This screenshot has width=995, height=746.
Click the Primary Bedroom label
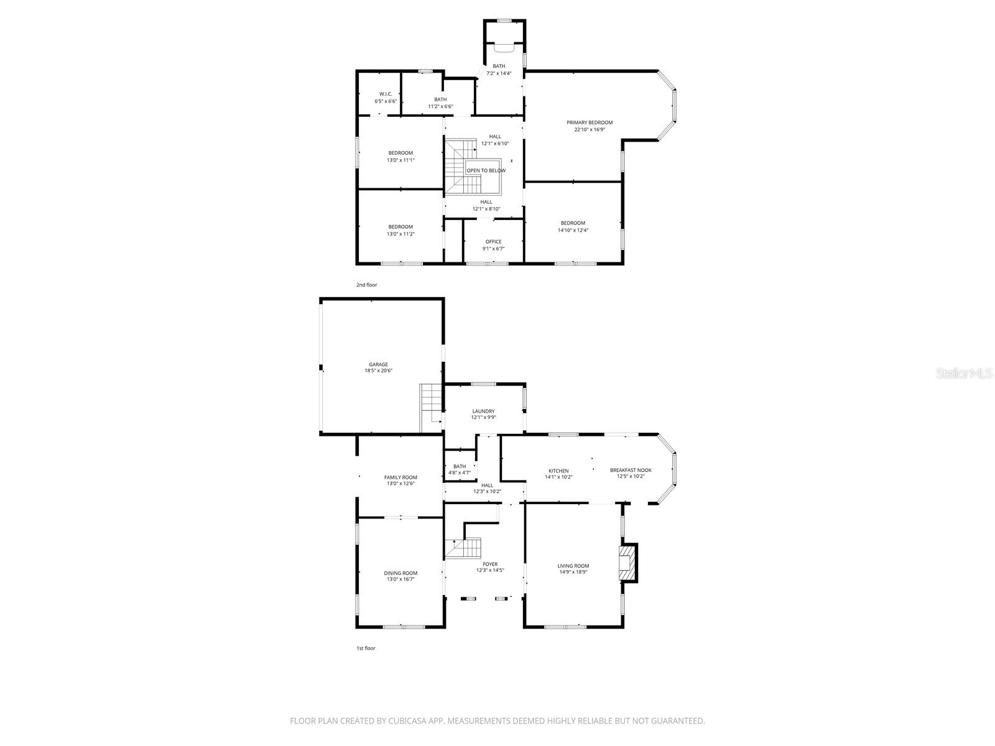coord(589,122)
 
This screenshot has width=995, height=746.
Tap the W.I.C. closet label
coord(386,94)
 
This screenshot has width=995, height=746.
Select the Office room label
coord(493,242)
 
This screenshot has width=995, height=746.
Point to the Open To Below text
coord(486,170)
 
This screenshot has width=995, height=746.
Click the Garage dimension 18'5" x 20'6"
coord(378,371)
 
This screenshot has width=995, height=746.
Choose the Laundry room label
coord(483,411)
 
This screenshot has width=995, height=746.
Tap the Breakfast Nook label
coord(631,470)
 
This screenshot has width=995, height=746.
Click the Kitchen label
coord(558,471)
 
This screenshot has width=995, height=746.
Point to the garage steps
coord(430,407)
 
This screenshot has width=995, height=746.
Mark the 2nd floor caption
coord(366,285)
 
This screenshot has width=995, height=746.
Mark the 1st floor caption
coord(366,648)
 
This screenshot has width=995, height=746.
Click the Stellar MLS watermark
coord(964,373)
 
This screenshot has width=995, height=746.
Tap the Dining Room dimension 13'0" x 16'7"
coord(400,579)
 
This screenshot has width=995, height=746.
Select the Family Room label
coord(400,477)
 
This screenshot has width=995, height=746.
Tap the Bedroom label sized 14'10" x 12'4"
coord(573,223)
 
